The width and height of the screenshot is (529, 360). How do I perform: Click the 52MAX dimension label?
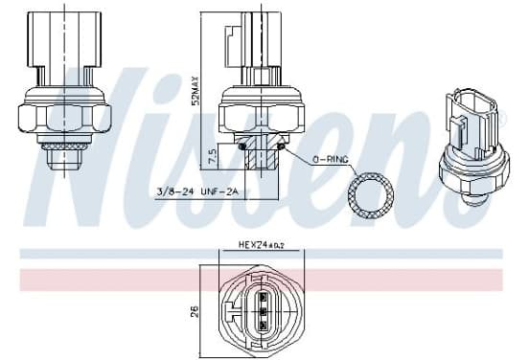(x=195, y=91)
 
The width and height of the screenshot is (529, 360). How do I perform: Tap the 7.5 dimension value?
(x=212, y=156)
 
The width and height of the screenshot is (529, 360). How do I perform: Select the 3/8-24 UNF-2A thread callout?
(x=197, y=191)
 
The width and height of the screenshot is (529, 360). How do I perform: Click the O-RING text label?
(x=331, y=160)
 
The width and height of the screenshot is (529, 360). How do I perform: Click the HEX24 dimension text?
(x=262, y=244)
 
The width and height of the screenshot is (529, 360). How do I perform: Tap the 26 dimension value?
(x=195, y=311)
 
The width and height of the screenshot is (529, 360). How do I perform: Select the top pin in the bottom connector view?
(x=264, y=297)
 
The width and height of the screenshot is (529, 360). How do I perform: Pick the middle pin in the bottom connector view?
(x=264, y=311)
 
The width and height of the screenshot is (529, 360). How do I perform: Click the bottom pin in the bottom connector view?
(x=264, y=325)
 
